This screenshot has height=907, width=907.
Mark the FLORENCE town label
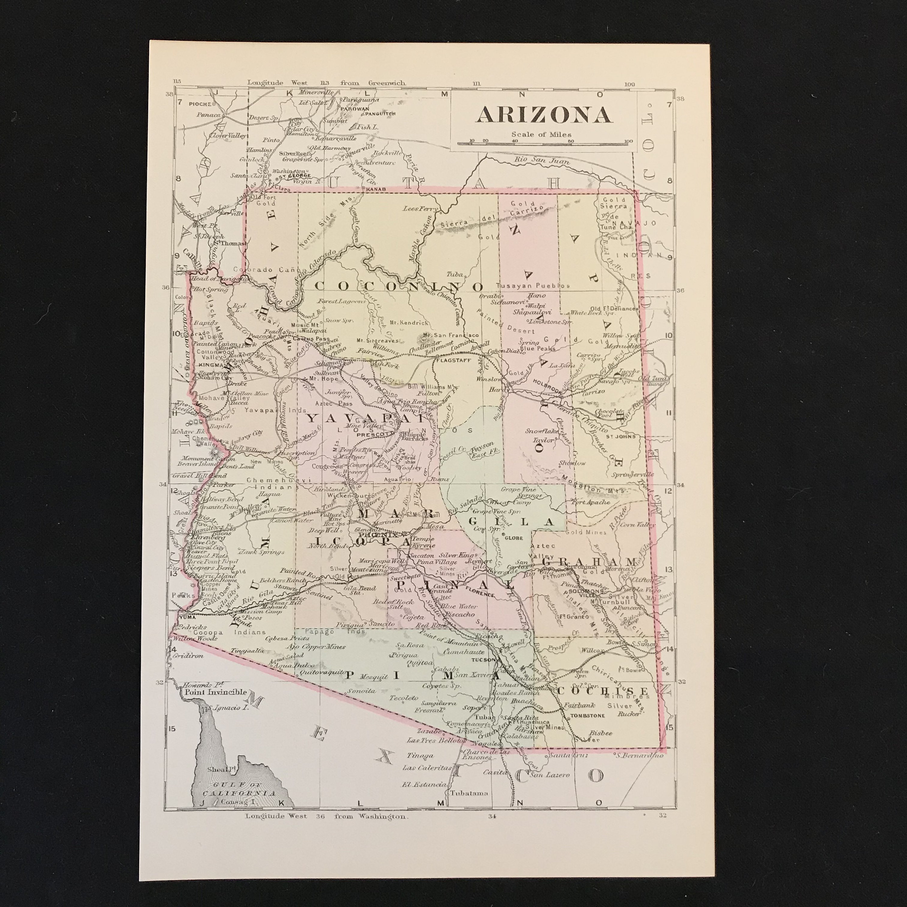click(x=480, y=594)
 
